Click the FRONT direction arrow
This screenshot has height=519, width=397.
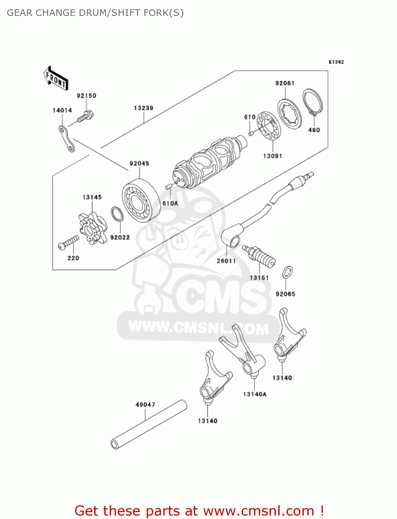coord(56,79)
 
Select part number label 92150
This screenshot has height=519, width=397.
coord(86,96)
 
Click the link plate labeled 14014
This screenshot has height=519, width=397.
coord(66,139)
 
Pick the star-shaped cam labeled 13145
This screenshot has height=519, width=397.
coord(92,229)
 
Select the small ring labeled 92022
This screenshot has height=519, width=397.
coord(117,215)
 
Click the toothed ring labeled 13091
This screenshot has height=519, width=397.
coord(269,126)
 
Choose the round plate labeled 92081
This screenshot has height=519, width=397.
coord(289,114)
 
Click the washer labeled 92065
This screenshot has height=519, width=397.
coord(288,272)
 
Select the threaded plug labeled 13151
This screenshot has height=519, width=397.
coord(259,256)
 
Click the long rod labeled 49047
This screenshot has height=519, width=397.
coord(149,425)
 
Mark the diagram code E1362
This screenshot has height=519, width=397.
coord(336,62)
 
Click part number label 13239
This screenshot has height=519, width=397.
coord(143,108)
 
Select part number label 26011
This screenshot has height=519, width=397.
coord(226,261)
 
